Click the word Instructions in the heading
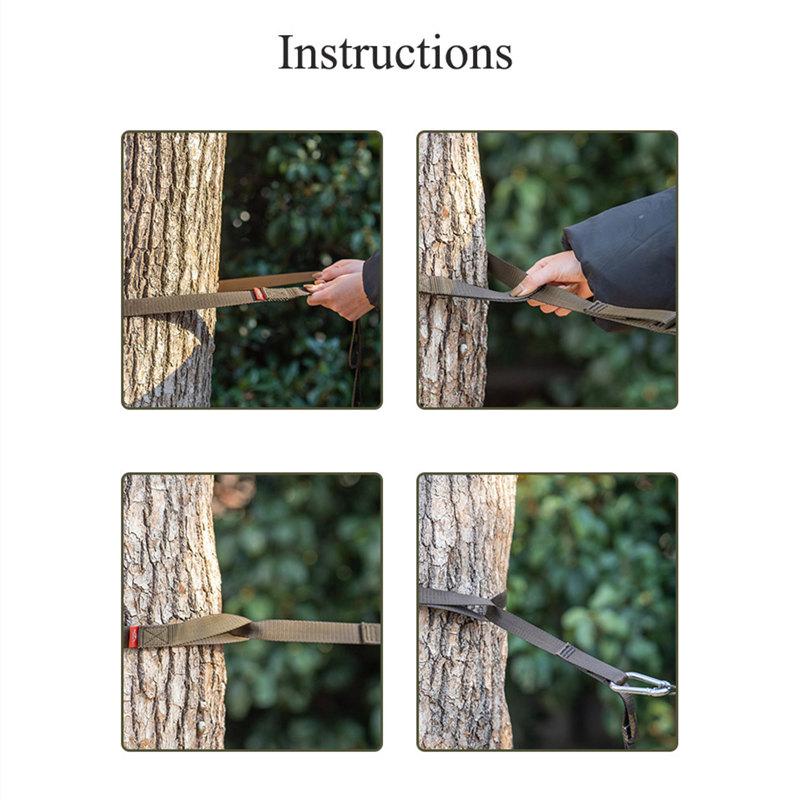click(x=395, y=53)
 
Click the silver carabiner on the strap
click(x=643, y=685)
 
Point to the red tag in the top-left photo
click(x=259, y=294)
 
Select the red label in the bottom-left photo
click(x=133, y=637)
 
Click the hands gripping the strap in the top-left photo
click(x=339, y=288)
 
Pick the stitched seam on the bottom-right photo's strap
click(x=566, y=652)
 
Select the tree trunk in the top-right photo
click(x=453, y=269)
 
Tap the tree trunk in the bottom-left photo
click(x=173, y=611)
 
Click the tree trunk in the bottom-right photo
click(x=465, y=611)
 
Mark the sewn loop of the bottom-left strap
click(x=194, y=631)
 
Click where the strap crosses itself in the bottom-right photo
click(x=496, y=605)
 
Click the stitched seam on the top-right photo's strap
click(x=594, y=307)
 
